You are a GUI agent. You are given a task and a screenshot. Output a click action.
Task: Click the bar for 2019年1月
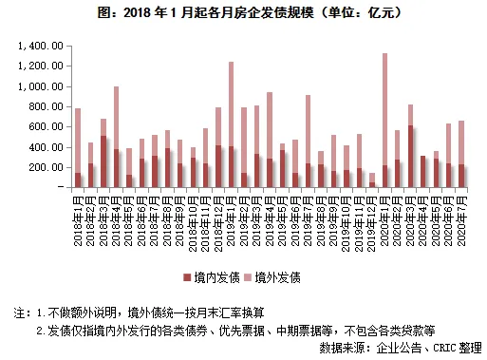pyautogui.click(x=231, y=124)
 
